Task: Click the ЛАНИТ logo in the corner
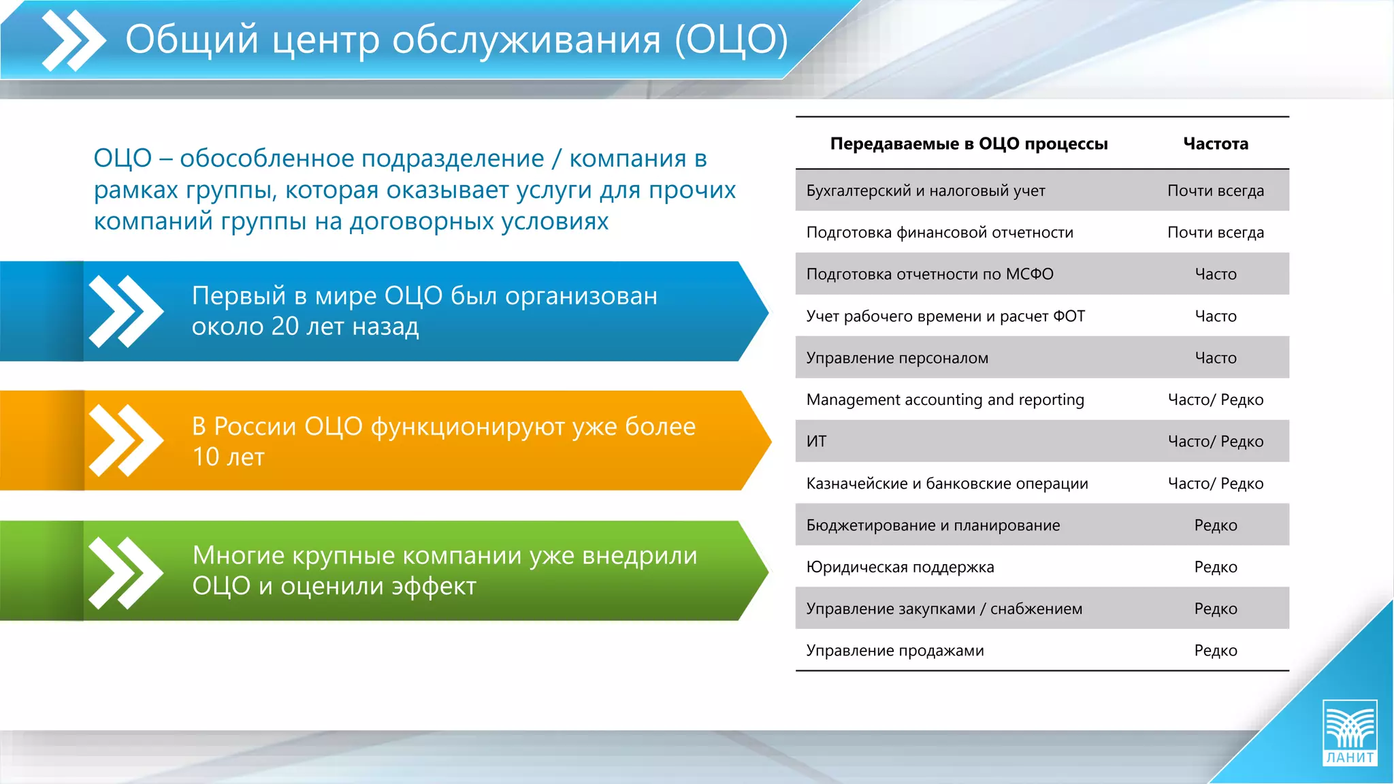[x=1349, y=733]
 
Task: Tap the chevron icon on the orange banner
[x=126, y=440]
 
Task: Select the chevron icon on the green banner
[x=126, y=572]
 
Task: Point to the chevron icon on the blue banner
[x=126, y=311]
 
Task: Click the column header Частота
[x=1215, y=144]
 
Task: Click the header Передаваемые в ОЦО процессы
[x=969, y=144]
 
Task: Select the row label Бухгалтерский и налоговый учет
[x=925, y=191]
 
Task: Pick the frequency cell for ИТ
[x=1215, y=442]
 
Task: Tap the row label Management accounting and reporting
[x=945, y=399]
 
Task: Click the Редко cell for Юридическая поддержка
[x=1215, y=567]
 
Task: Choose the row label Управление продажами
[x=894, y=651]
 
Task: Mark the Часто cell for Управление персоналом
[x=1215, y=358]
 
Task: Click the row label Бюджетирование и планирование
[x=933, y=525]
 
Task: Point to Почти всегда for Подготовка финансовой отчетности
[x=1215, y=233]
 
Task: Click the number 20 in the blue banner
[x=285, y=327]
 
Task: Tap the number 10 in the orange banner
[x=205, y=457]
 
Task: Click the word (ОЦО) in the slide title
[x=731, y=39]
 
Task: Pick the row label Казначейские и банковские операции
[x=947, y=483]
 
